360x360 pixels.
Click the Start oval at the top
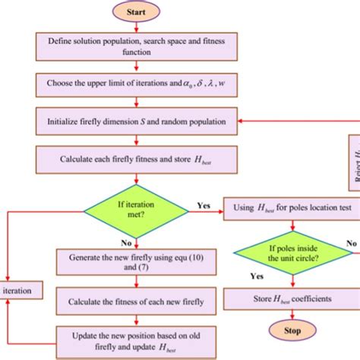[135, 11]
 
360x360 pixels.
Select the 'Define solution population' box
[135, 46]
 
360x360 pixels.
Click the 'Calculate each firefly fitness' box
[135, 159]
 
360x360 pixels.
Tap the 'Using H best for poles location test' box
[289, 205]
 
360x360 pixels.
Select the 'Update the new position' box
[135, 337]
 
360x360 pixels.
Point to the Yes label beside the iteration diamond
[204, 204]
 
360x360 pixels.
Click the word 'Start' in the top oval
[135, 11]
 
